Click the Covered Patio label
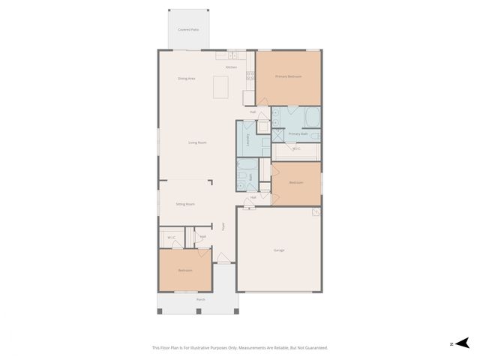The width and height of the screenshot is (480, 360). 188,29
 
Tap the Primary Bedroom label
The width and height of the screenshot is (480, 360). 288,76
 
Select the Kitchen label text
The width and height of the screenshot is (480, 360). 231,67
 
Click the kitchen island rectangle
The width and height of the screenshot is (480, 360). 220,87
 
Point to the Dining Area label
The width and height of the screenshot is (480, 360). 186,78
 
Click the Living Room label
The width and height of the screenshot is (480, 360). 197,142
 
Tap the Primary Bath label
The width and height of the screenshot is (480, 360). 298,133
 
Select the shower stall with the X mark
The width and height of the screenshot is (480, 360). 278,135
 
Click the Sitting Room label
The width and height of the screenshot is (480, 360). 185,204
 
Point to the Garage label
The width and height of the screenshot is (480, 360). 279,250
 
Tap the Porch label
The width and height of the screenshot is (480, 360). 200,299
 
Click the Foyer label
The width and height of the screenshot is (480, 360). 223,226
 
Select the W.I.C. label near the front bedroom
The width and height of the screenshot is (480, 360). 171,238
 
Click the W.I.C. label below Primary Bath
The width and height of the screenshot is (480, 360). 296,148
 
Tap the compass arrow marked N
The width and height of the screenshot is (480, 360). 458,343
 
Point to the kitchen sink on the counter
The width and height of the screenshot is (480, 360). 232,55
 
